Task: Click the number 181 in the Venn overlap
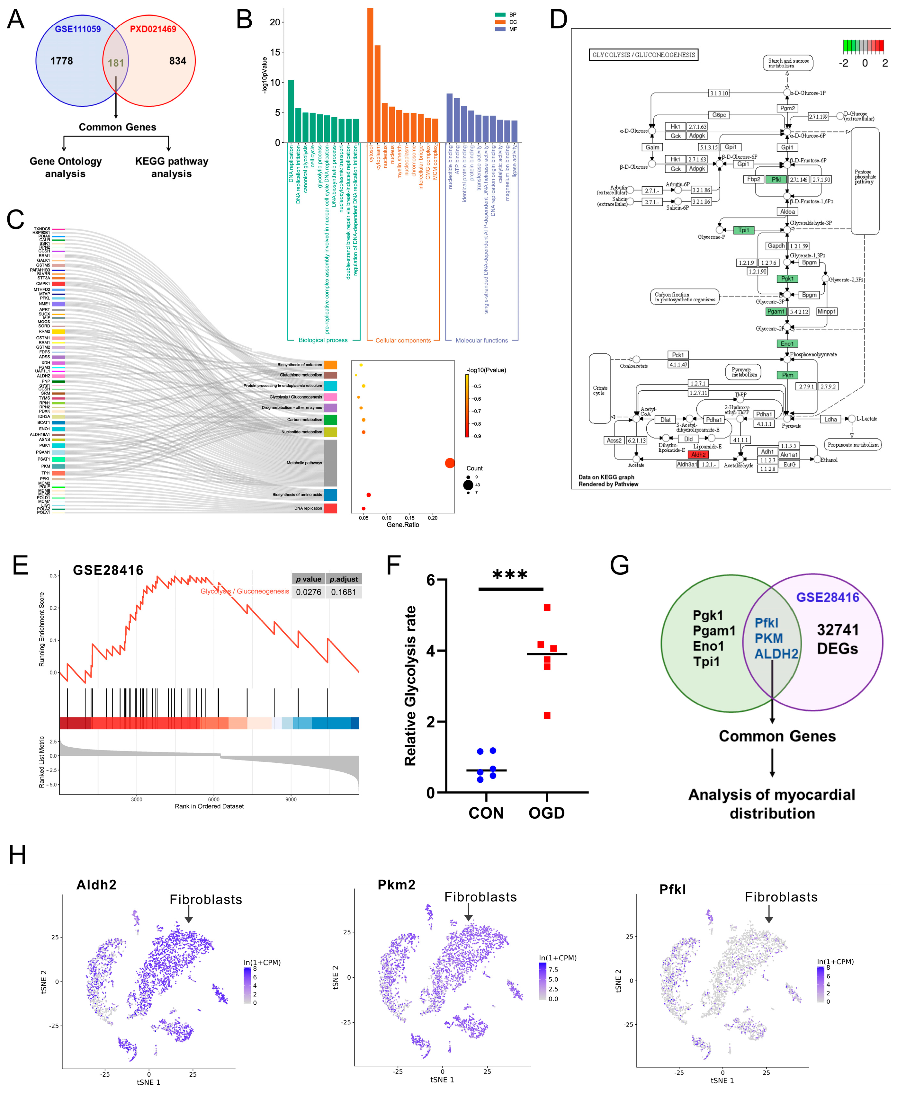[x=116, y=63]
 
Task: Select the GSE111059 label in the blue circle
[x=78, y=29]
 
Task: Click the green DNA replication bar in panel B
[x=291, y=111]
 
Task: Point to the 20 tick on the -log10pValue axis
[x=274, y=22]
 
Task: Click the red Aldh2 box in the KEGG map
[x=698, y=455]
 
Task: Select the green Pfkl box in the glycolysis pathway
[x=776, y=179]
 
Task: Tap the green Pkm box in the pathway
[x=787, y=375]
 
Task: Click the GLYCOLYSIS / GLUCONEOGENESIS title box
[x=643, y=55]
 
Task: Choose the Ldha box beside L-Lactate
[x=830, y=419]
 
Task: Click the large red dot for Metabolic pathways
[x=450, y=463]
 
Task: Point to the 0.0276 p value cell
[x=309, y=592]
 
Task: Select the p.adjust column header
[x=344, y=579]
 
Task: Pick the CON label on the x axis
[x=486, y=813]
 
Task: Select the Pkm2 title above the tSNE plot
[x=396, y=885]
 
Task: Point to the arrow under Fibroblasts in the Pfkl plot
[x=768, y=915]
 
